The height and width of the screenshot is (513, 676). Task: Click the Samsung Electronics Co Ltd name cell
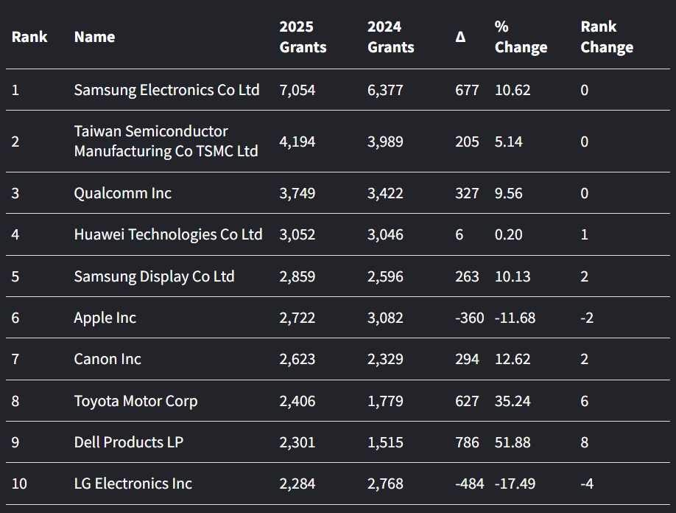(166, 90)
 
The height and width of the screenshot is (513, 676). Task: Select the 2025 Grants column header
(303, 37)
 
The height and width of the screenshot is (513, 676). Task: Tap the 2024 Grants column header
(390, 37)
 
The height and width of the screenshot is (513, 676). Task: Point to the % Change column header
(521, 37)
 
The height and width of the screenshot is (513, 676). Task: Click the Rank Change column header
(607, 37)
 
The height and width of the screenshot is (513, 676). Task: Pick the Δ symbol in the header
(460, 37)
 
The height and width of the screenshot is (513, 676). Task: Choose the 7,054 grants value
(297, 90)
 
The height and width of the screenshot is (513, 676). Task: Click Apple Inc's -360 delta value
(470, 318)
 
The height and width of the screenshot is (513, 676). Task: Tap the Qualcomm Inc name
(122, 193)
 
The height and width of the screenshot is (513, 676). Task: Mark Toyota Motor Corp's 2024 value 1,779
(385, 401)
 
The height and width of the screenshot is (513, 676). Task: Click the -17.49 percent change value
(515, 484)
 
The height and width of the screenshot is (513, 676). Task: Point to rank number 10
(19, 484)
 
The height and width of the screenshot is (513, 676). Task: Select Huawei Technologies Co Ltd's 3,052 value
(297, 234)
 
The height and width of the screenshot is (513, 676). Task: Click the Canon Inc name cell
(108, 359)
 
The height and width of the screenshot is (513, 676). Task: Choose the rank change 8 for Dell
(585, 442)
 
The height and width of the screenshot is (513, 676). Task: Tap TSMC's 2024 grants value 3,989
(385, 141)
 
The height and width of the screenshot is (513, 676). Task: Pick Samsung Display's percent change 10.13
(513, 276)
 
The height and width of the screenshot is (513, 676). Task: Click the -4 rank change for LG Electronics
(587, 484)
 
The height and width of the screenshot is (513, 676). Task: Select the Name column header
(94, 37)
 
